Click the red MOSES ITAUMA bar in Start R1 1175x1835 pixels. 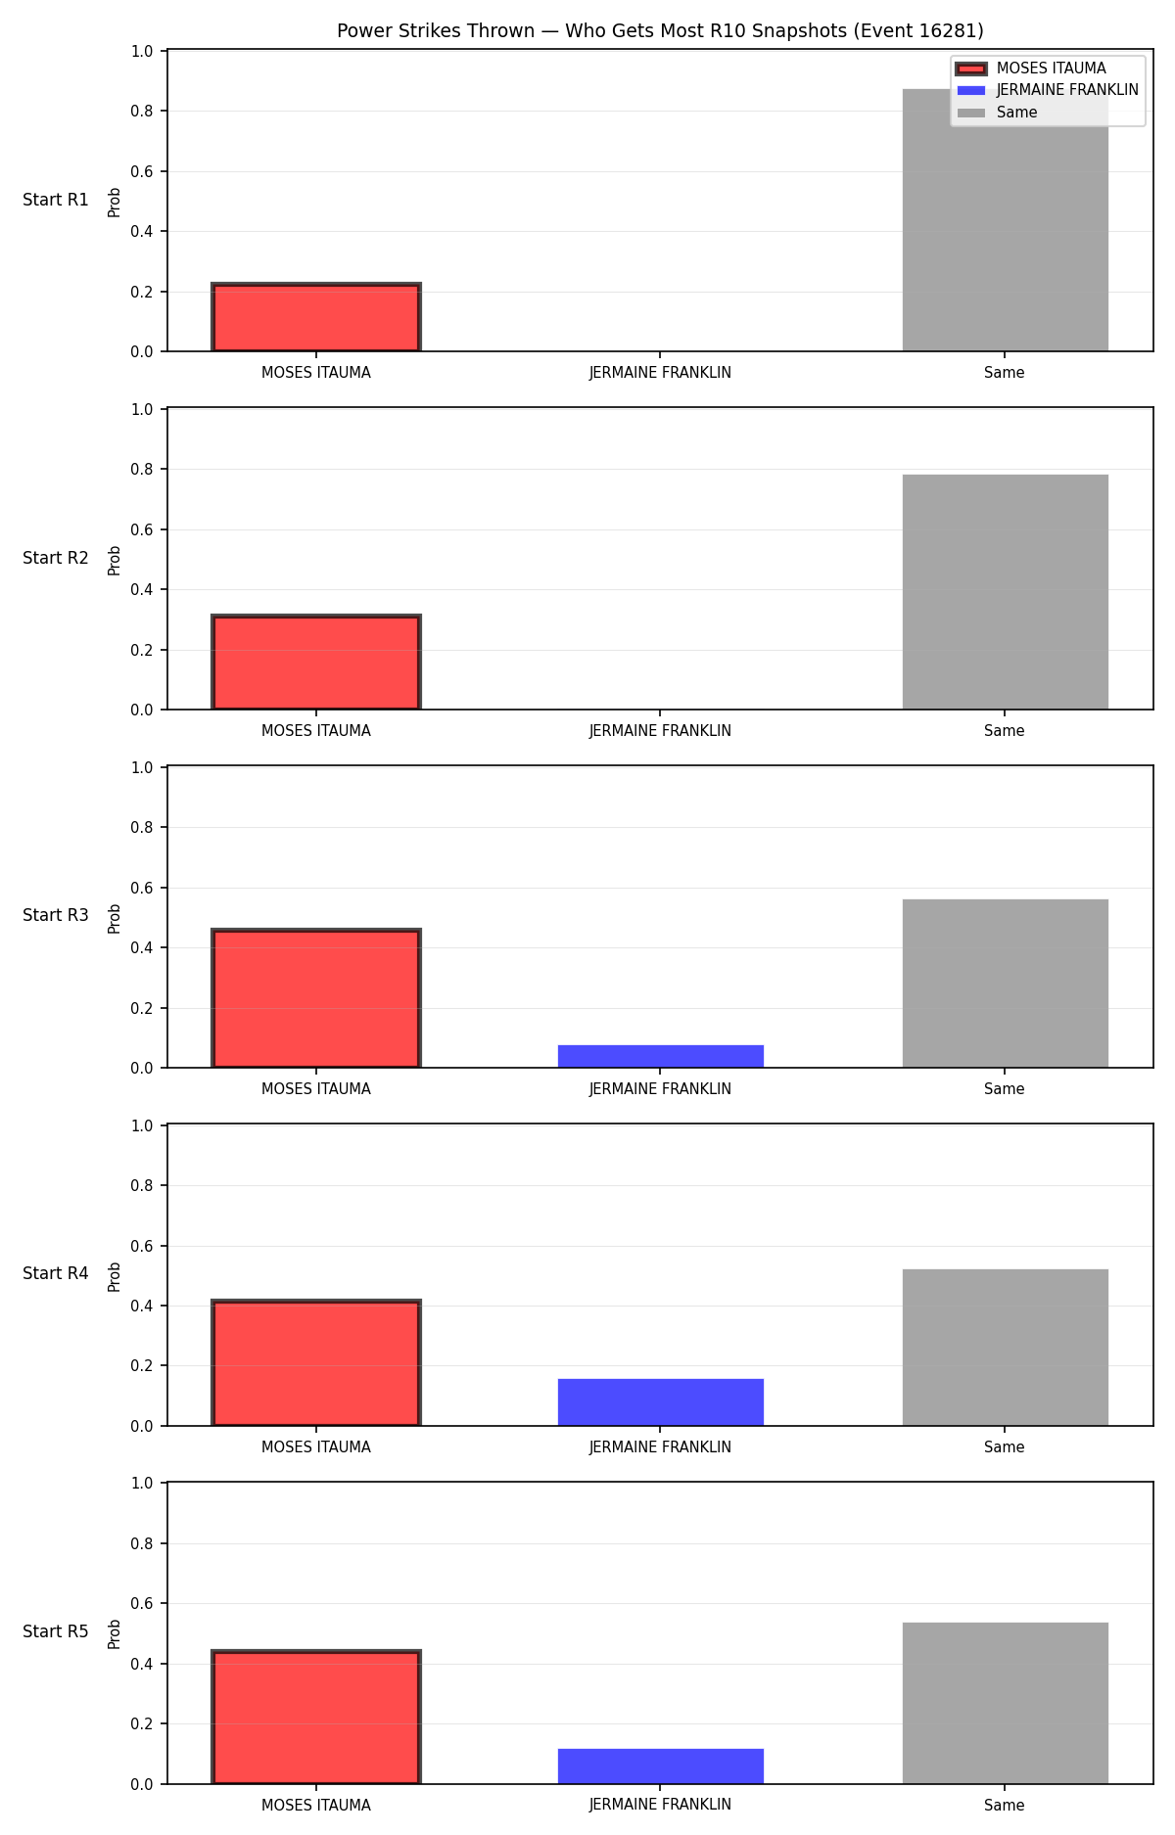coord(316,317)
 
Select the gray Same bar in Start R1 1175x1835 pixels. coord(1005,220)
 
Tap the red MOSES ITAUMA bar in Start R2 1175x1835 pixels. coord(316,662)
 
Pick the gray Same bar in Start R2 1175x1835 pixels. coord(1005,592)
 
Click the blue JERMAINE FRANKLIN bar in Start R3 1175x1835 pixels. coord(661,1056)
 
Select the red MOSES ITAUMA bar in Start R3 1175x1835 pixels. coord(316,998)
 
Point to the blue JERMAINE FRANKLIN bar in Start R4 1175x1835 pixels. coord(661,1402)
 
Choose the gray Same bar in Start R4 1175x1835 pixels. coord(1005,1348)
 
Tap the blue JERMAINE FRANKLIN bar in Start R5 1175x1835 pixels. coord(661,1766)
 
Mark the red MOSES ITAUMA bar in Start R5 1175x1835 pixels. coord(316,1718)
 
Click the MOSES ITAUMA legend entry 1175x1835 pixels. coord(1032,69)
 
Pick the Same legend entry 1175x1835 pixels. coord(997,113)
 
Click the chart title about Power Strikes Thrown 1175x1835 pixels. coord(660,31)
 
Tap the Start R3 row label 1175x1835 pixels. coord(56,915)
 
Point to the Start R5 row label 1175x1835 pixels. coord(56,1631)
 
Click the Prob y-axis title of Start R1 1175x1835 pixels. coord(115,202)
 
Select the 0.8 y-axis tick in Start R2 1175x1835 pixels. coord(142,470)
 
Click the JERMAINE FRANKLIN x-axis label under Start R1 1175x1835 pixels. coord(660,373)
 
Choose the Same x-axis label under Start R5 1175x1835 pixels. coord(1005,1806)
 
